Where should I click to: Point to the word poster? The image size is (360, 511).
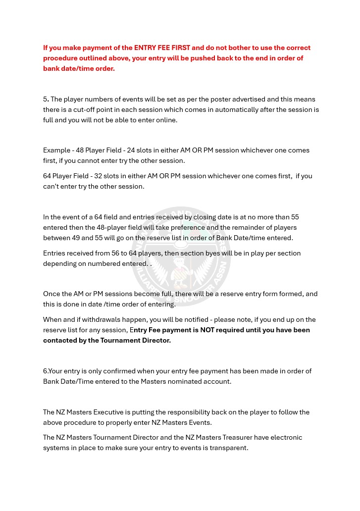click(x=216, y=99)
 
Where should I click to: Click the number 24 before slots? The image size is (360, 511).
click(x=131, y=151)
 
